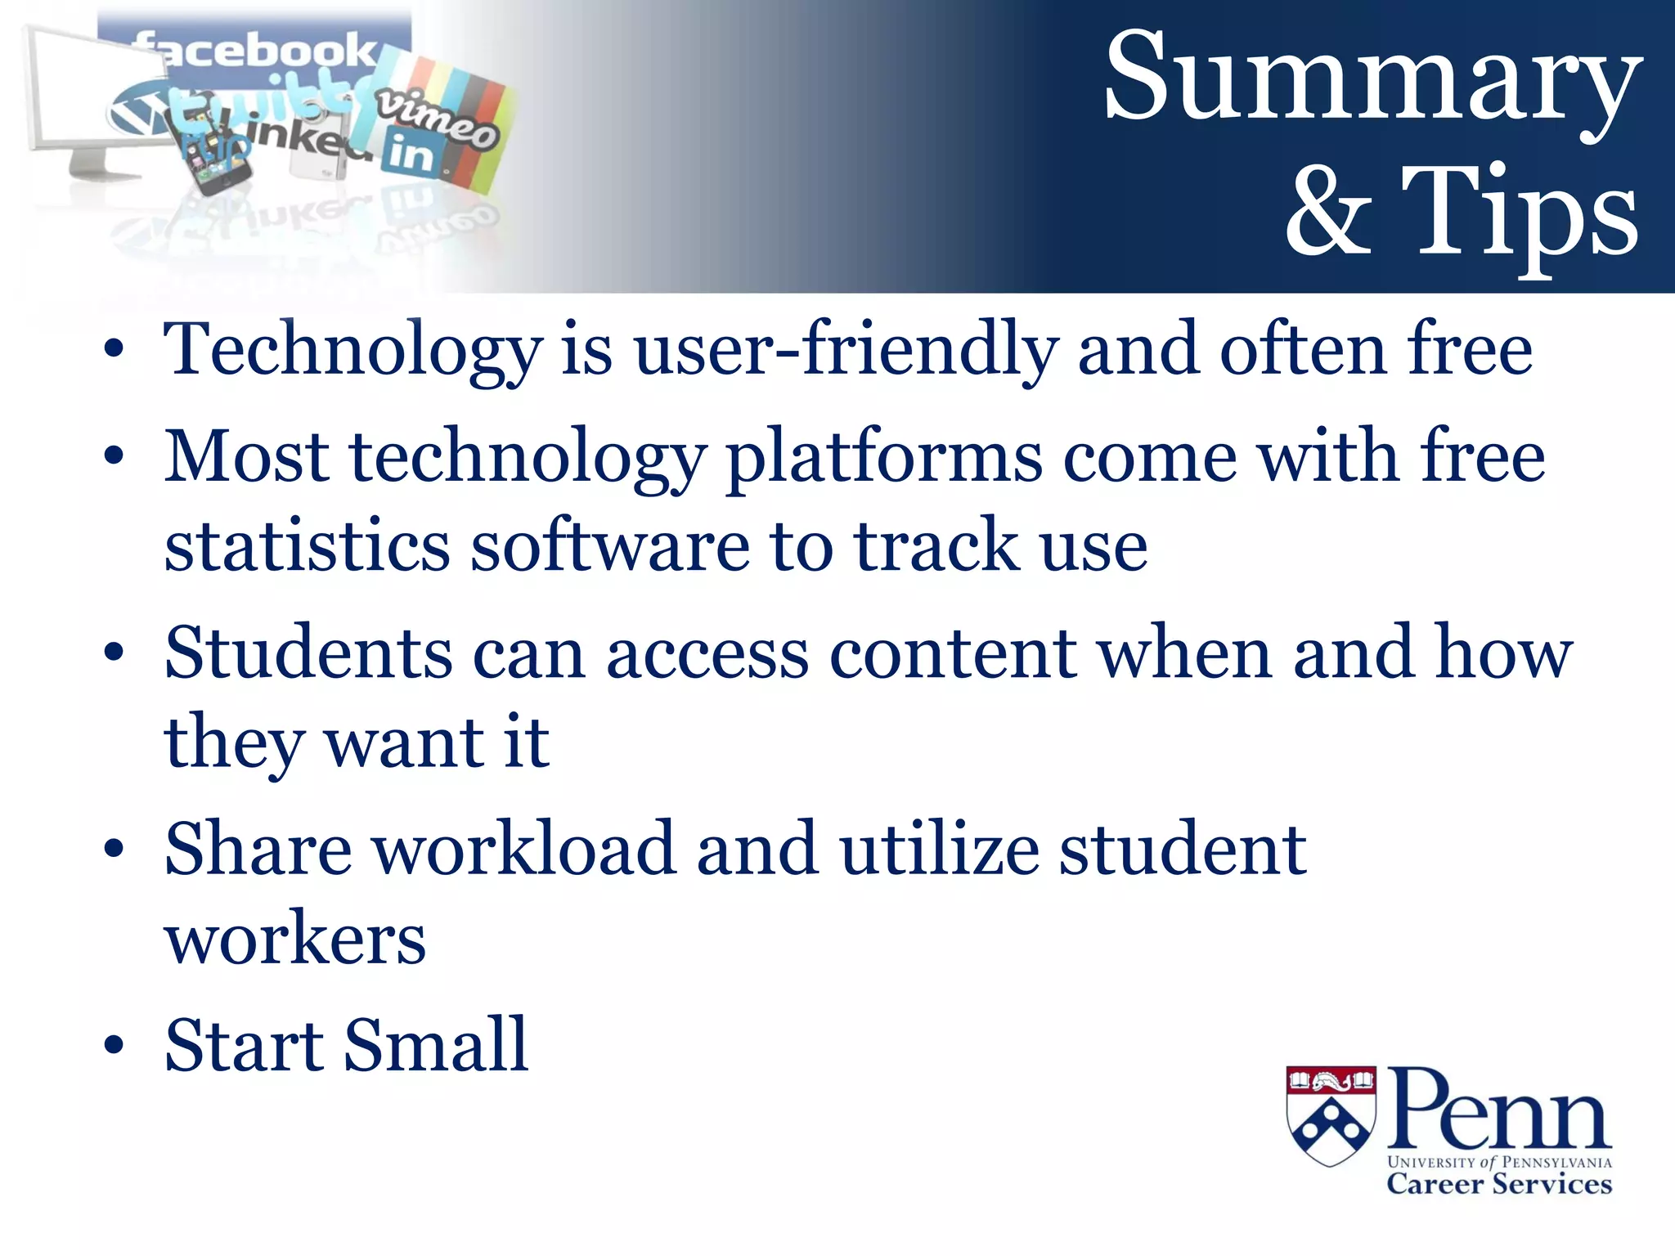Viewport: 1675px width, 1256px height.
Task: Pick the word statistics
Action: tap(307, 546)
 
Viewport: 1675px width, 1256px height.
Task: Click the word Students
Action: tap(308, 654)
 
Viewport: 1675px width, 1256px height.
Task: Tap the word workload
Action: tap(524, 850)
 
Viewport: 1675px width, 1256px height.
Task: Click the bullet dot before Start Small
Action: tap(114, 1046)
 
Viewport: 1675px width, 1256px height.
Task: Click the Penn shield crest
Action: tap(1331, 1114)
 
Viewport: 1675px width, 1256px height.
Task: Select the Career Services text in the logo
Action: tap(1498, 1184)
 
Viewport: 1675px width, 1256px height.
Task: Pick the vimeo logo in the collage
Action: tap(438, 119)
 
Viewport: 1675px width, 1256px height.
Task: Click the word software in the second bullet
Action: tap(609, 546)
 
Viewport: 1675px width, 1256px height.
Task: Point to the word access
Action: tap(707, 654)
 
